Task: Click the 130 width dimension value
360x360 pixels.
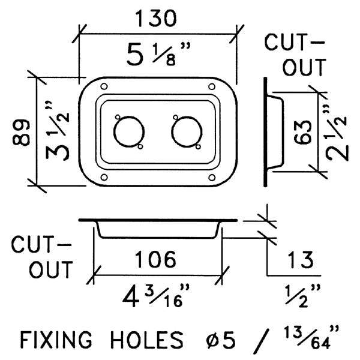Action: click(157, 18)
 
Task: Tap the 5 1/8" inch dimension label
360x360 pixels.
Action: click(158, 54)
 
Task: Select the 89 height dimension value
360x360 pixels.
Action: click(21, 132)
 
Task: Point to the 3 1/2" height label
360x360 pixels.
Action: click(58, 131)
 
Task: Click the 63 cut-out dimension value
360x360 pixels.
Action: click(303, 133)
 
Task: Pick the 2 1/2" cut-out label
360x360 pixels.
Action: click(337, 133)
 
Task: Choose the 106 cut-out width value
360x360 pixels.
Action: click(155, 259)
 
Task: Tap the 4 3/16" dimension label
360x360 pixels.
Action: click(156, 296)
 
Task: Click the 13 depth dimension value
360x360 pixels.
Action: click(301, 260)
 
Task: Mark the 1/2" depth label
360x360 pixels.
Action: click(302, 296)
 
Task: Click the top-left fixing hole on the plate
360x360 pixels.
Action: click(104, 86)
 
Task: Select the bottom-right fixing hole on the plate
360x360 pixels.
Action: click(212, 178)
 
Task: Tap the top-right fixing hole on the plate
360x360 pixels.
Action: click(212, 86)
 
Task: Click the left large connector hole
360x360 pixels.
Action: click(129, 132)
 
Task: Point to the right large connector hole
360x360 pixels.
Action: click(187, 132)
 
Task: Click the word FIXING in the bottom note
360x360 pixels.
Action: click(56, 340)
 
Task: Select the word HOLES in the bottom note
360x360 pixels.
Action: click(147, 340)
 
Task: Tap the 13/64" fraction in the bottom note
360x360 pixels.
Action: click(311, 337)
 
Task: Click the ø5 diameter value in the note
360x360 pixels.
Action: click(221, 340)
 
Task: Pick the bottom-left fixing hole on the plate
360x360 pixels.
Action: click(104, 178)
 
